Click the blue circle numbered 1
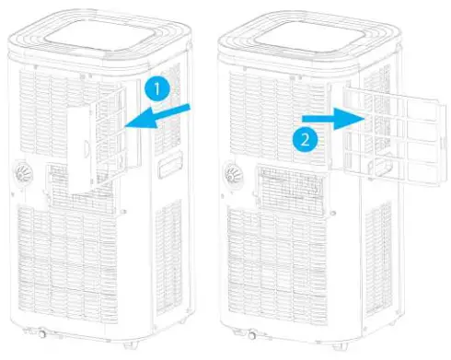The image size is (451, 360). [156, 89]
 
